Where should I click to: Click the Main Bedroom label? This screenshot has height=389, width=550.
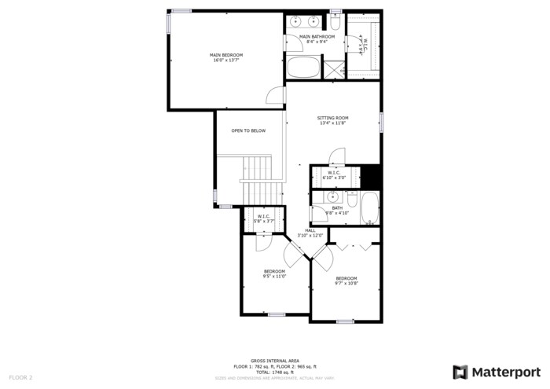click(226, 57)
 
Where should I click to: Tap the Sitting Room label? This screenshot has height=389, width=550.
click(333, 120)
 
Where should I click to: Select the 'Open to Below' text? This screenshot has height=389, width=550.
click(248, 130)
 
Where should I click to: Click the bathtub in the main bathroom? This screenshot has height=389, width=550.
click(304, 67)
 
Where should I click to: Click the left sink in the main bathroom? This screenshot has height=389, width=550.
click(295, 21)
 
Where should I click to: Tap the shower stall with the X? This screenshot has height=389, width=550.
click(335, 68)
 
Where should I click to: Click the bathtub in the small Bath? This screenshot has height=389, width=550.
click(369, 209)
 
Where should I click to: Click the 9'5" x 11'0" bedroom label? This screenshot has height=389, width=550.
click(274, 273)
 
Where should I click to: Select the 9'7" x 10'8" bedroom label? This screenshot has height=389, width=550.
click(346, 281)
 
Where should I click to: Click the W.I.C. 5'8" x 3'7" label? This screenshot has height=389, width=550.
click(263, 218)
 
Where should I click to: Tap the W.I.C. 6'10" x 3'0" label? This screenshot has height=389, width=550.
click(334, 175)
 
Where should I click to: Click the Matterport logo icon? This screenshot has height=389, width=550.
click(460, 372)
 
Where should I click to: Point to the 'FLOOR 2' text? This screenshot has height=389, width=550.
click(21, 377)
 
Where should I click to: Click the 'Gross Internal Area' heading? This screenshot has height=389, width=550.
click(274, 360)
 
